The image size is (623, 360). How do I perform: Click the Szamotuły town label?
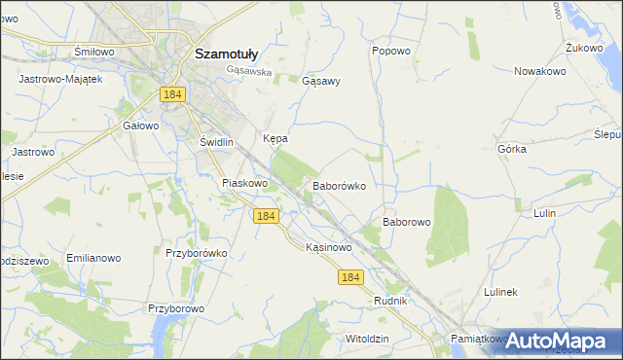(226, 54)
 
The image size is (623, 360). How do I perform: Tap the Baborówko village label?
(339, 185)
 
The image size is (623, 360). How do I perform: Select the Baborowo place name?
(406, 222)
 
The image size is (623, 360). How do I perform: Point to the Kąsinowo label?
(328, 247)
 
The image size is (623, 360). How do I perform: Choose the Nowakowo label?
(540, 71)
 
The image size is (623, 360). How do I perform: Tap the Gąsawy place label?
(321, 81)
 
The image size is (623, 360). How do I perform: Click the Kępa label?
(275, 139)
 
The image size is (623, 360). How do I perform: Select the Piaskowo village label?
(244, 183)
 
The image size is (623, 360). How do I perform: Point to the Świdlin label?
(217, 142)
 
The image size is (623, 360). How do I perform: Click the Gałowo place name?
(140, 126)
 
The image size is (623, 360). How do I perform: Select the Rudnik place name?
(389, 302)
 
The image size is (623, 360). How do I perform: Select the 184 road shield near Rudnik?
(351, 277)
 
